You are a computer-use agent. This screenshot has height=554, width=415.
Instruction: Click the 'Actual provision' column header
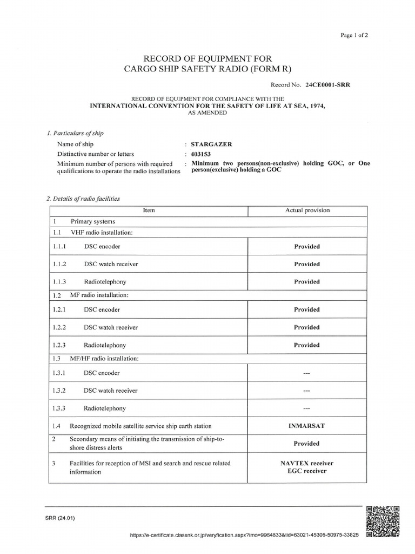[x=307, y=210]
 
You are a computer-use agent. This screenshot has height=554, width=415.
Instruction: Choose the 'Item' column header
[x=149, y=210]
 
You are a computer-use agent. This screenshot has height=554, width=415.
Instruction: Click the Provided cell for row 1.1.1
[x=307, y=247]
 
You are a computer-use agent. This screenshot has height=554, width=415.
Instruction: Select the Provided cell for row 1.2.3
[x=307, y=345]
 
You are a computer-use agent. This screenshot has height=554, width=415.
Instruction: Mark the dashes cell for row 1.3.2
[x=307, y=391]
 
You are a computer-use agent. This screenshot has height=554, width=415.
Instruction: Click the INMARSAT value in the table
[x=307, y=426]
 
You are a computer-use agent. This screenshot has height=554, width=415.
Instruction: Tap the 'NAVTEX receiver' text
[x=307, y=463]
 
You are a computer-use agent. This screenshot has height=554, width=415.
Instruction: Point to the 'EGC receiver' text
[x=307, y=471]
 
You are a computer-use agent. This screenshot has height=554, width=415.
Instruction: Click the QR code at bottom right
[x=383, y=521]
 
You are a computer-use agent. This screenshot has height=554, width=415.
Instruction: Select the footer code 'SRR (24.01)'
[x=61, y=518]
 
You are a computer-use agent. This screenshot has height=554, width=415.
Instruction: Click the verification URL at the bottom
[x=245, y=535]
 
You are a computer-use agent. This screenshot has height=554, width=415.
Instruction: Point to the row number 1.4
[x=57, y=426]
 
